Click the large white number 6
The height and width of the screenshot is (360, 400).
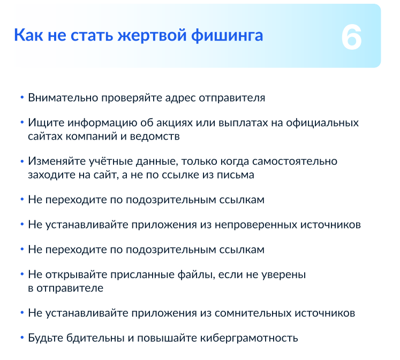[x=351, y=37]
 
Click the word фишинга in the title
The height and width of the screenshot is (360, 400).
[x=227, y=35]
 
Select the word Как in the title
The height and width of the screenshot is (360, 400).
[x=28, y=35]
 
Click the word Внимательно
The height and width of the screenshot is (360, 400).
[x=63, y=98]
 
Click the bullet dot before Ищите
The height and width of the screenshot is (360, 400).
[x=22, y=122]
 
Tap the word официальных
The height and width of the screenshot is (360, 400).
[x=322, y=123]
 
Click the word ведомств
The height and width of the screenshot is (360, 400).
[x=155, y=136]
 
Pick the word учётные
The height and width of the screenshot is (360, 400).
[x=111, y=161]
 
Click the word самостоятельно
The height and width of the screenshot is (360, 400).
[x=295, y=162]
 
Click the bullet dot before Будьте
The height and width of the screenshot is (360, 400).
[x=22, y=338]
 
